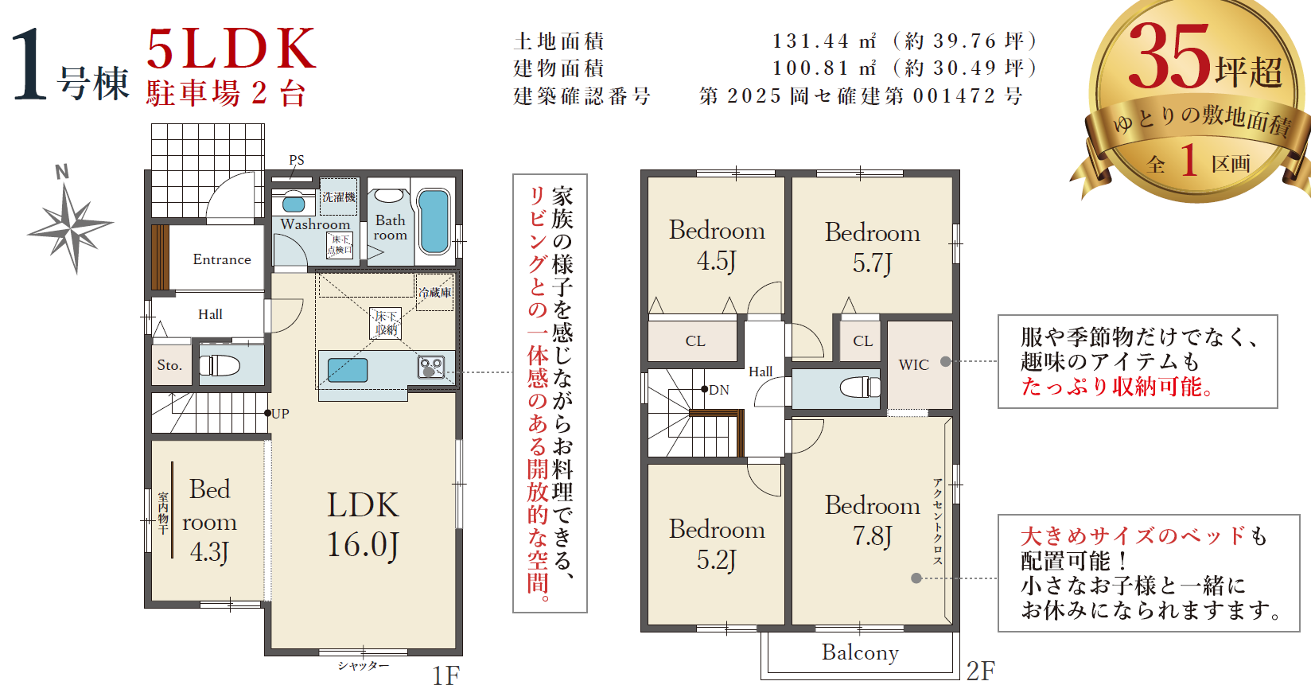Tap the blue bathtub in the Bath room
coord(434,221)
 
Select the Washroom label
coord(315,224)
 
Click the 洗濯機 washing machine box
coord(338,197)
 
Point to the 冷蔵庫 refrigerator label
coord(435,292)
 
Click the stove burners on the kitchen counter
coord(430,367)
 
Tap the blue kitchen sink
coord(348,370)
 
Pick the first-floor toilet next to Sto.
coord(220,365)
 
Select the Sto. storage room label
coord(169,365)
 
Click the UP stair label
coord(280,414)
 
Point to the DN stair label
coord(718,390)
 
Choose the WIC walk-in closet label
coord(913,364)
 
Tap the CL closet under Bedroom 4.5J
coord(695,341)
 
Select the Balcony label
coord(860,652)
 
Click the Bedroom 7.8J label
coord(872,520)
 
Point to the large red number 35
coord(1169,56)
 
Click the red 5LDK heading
coord(231,49)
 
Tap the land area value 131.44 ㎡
coord(825,41)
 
